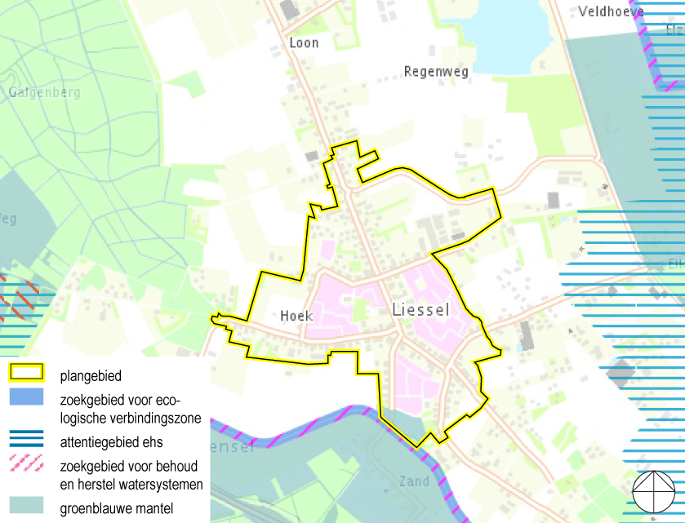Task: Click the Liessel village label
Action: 420,310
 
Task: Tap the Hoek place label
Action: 296,316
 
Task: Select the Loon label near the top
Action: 304,42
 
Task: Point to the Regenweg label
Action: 436,72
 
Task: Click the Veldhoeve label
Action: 611,11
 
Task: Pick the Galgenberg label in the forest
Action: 45,92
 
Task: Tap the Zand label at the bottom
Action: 414,481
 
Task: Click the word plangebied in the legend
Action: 91,376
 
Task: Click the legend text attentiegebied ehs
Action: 112,443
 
